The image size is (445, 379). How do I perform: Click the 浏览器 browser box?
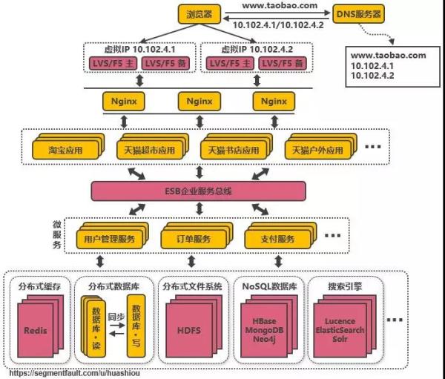point(200,13)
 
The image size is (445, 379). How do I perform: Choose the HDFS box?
point(191,329)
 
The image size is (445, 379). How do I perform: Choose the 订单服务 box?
point(191,239)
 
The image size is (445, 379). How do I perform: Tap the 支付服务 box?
point(275,239)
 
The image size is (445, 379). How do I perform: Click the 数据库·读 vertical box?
point(94,326)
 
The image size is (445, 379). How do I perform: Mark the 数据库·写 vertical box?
point(136,326)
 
